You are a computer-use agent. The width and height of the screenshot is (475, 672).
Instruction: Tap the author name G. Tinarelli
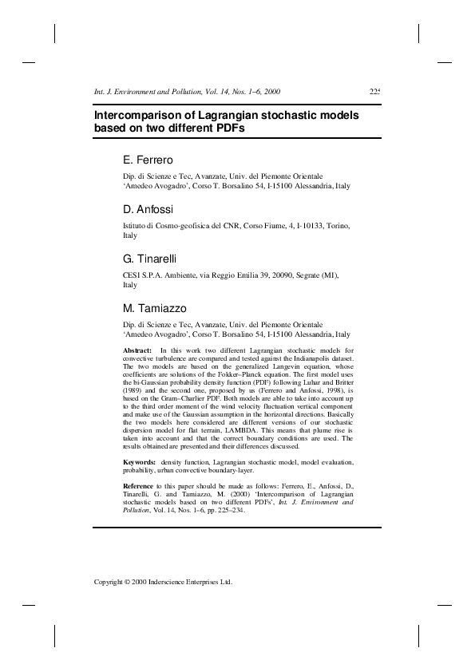[150, 259]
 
